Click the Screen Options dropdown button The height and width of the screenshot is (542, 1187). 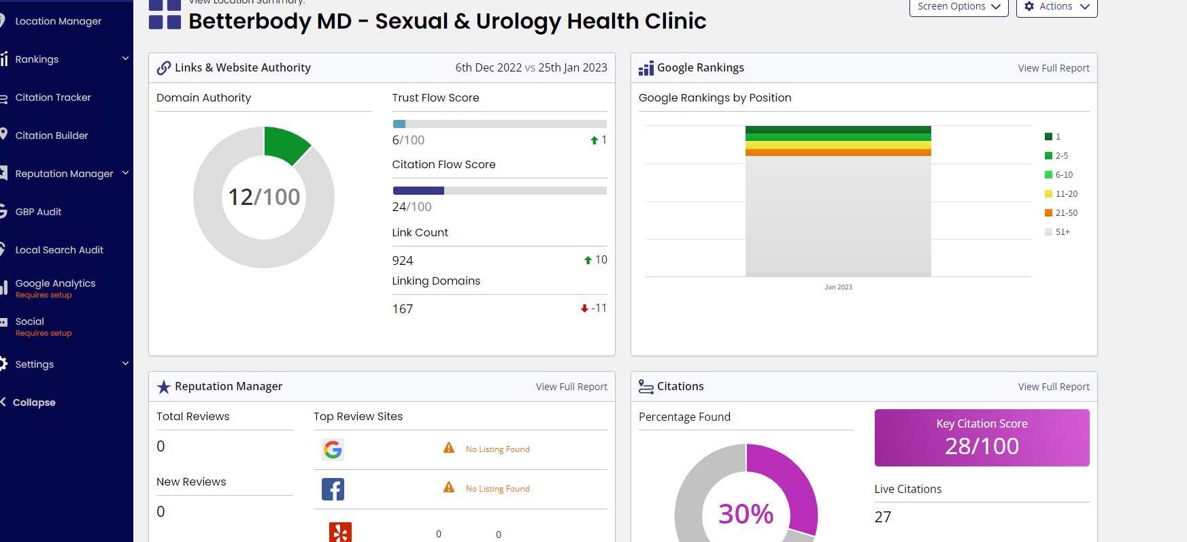coord(958,7)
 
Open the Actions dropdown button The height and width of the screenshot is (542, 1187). coord(1056,7)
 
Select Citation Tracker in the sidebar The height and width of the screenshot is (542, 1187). coord(53,97)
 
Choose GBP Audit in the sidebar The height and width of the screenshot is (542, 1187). coord(38,212)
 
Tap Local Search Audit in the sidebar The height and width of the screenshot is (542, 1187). coord(59,250)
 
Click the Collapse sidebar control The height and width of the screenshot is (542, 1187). coord(34,402)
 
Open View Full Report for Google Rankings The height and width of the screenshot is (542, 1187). coord(1054,68)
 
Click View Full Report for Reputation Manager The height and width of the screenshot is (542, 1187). coord(571,387)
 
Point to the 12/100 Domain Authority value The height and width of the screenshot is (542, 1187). coord(264,197)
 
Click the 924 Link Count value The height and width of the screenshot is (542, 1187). coord(403,261)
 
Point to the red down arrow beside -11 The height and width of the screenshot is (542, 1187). coord(584,308)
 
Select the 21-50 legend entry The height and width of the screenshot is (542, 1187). coord(1061,213)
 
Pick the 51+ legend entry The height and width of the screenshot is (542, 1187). coord(1058,232)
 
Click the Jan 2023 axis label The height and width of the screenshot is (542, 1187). coord(838,287)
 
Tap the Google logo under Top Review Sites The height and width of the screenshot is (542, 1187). coord(333,449)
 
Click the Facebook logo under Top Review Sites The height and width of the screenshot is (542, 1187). coord(333,489)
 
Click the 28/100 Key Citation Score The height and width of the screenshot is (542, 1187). coord(982,446)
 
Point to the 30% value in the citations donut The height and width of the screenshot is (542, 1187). coord(746,514)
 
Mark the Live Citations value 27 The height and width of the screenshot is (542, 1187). coord(882,517)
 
